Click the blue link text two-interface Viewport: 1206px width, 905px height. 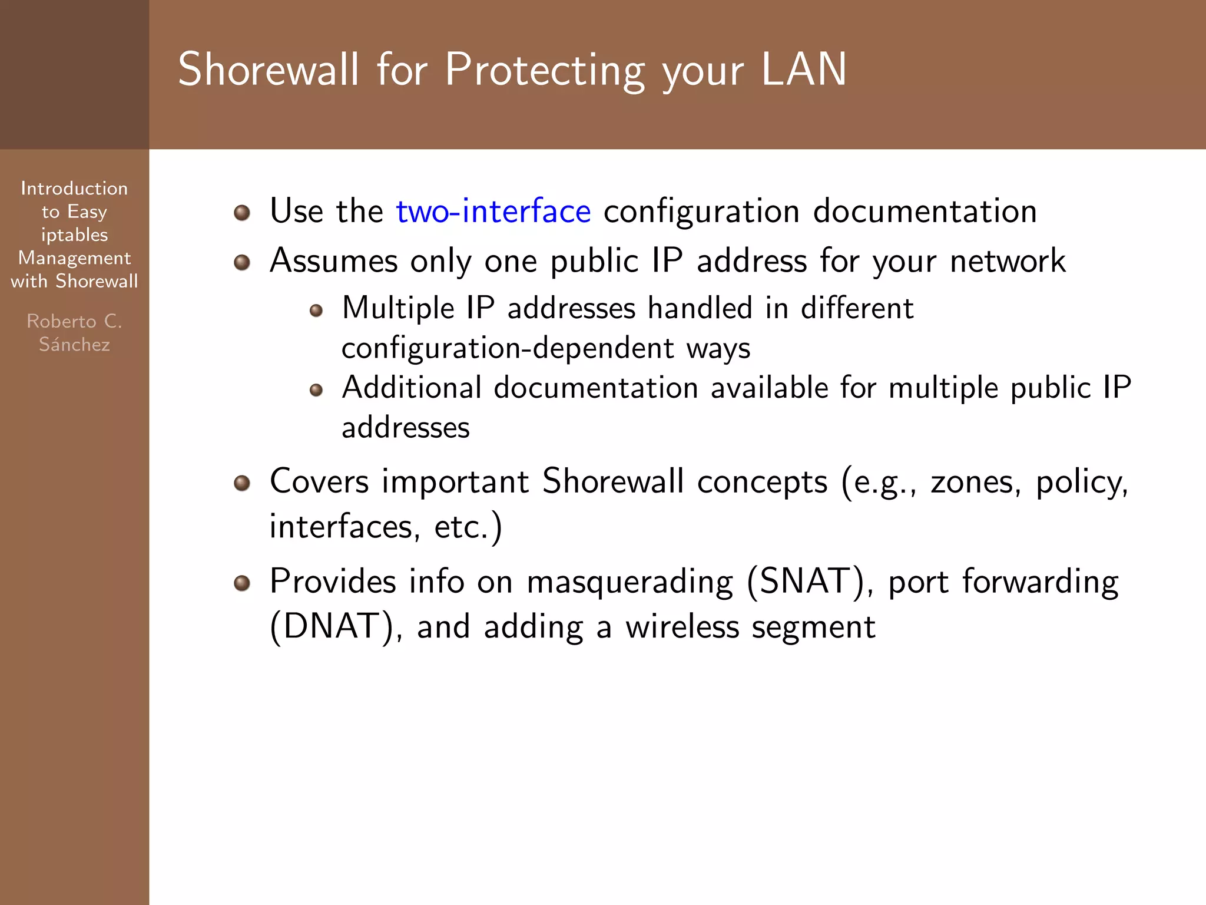[x=493, y=212]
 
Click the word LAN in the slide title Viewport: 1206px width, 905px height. [x=803, y=70]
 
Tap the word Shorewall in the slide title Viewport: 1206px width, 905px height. [x=268, y=70]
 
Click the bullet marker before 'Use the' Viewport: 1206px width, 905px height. [x=242, y=212]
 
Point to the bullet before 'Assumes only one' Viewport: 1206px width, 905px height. [x=242, y=262]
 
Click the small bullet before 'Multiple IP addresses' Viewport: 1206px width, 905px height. [x=316, y=311]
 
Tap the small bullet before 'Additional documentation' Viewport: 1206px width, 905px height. [x=316, y=390]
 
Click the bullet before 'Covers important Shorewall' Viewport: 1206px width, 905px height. [x=242, y=484]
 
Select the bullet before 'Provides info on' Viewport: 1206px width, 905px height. [x=242, y=583]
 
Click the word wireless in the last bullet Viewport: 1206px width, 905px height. [x=682, y=627]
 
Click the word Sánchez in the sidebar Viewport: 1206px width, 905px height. [x=74, y=344]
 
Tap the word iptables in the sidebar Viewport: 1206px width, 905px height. [x=74, y=235]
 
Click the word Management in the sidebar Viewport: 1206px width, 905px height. [x=74, y=258]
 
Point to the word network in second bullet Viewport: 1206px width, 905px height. [x=1007, y=262]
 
